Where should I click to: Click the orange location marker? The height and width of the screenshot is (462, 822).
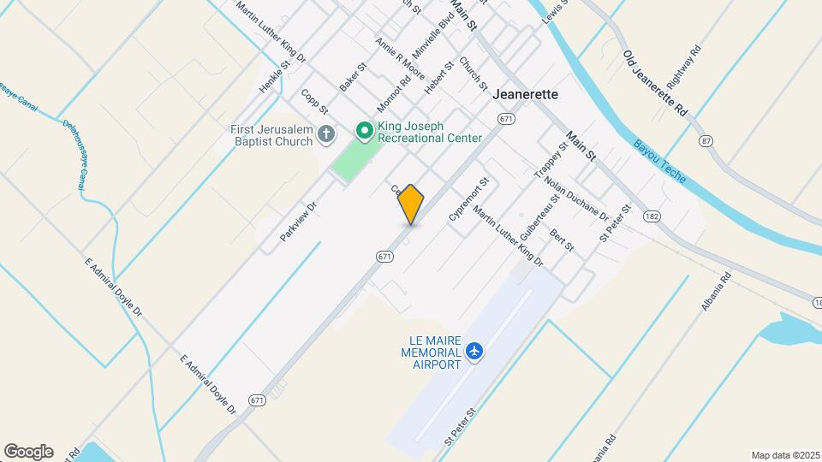pyautogui.click(x=411, y=204)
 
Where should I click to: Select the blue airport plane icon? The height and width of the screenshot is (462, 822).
pyautogui.click(x=475, y=351)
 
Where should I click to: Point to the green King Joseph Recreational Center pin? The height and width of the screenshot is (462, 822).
pyautogui.click(x=364, y=131)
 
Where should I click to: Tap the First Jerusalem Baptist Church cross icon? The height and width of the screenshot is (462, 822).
pyautogui.click(x=325, y=133)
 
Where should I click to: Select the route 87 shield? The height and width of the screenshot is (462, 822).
pyautogui.click(x=706, y=140)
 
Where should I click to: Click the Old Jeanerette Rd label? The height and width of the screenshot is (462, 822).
pyautogui.click(x=655, y=83)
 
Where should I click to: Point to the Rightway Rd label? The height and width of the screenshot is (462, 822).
pyautogui.click(x=685, y=67)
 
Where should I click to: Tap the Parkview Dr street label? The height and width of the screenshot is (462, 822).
pyautogui.click(x=299, y=221)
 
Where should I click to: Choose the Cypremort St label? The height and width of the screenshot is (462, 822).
pyautogui.click(x=468, y=200)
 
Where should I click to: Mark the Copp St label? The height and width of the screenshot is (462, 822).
pyautogui.click(x=315, y=100)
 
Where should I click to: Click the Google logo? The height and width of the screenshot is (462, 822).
pyautogui.click(x=28, y=452)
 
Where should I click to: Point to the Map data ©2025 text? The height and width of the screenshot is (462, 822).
pyautogui.click(x=784, y=455)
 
